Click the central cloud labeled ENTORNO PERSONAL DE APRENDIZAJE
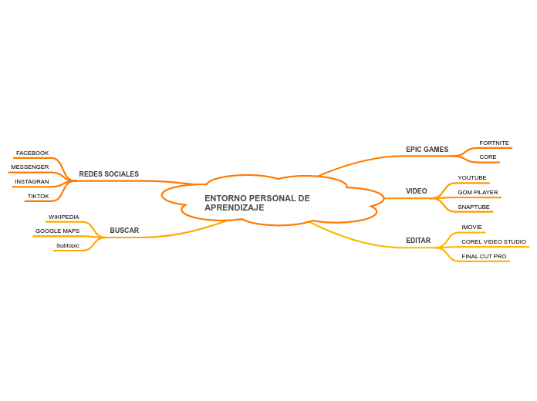(258, 203)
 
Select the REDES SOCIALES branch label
(109, 174)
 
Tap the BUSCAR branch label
(124, 231)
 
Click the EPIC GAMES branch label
(427, 150)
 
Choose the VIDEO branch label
(416, 191)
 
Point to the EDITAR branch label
(418, 241)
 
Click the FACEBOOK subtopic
(32, 153)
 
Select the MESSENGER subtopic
(30, 167)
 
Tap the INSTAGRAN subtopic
(32, 182)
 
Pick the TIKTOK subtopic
(38, 197)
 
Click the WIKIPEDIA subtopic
(63, 217)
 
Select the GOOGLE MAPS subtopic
(57, 231)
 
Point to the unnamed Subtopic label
(68, 246)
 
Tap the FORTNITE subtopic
(494, 143)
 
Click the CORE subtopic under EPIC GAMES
(488, 157)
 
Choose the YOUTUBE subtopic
(472, 178)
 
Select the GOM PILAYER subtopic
(478, 193)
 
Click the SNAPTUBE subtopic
(474, 207)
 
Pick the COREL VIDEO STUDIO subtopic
(494, 242)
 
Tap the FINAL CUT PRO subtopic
(484, 257)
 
